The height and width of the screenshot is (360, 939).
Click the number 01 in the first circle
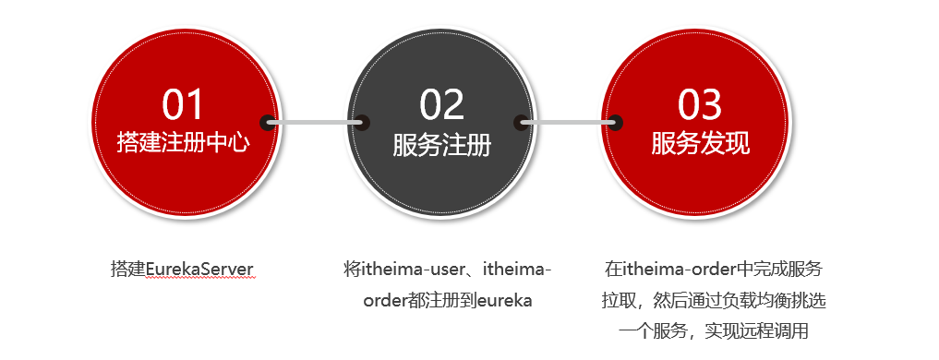[183, 104]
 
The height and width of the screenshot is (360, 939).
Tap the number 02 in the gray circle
[441, 104]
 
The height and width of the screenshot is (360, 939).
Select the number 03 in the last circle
[700, 104]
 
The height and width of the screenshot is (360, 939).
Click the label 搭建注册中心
[183, 143]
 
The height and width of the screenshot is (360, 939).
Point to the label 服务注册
[441, 145]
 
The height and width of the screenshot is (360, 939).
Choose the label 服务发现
[700, 143]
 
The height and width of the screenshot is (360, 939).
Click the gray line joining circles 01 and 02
[314, 121]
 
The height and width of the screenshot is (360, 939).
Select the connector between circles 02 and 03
[568, 121]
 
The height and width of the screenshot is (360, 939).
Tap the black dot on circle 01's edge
[268, 121]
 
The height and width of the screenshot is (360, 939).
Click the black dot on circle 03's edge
[615, 121]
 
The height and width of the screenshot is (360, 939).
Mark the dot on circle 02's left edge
[362, 121]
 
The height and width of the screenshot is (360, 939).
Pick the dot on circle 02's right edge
[521, 121]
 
